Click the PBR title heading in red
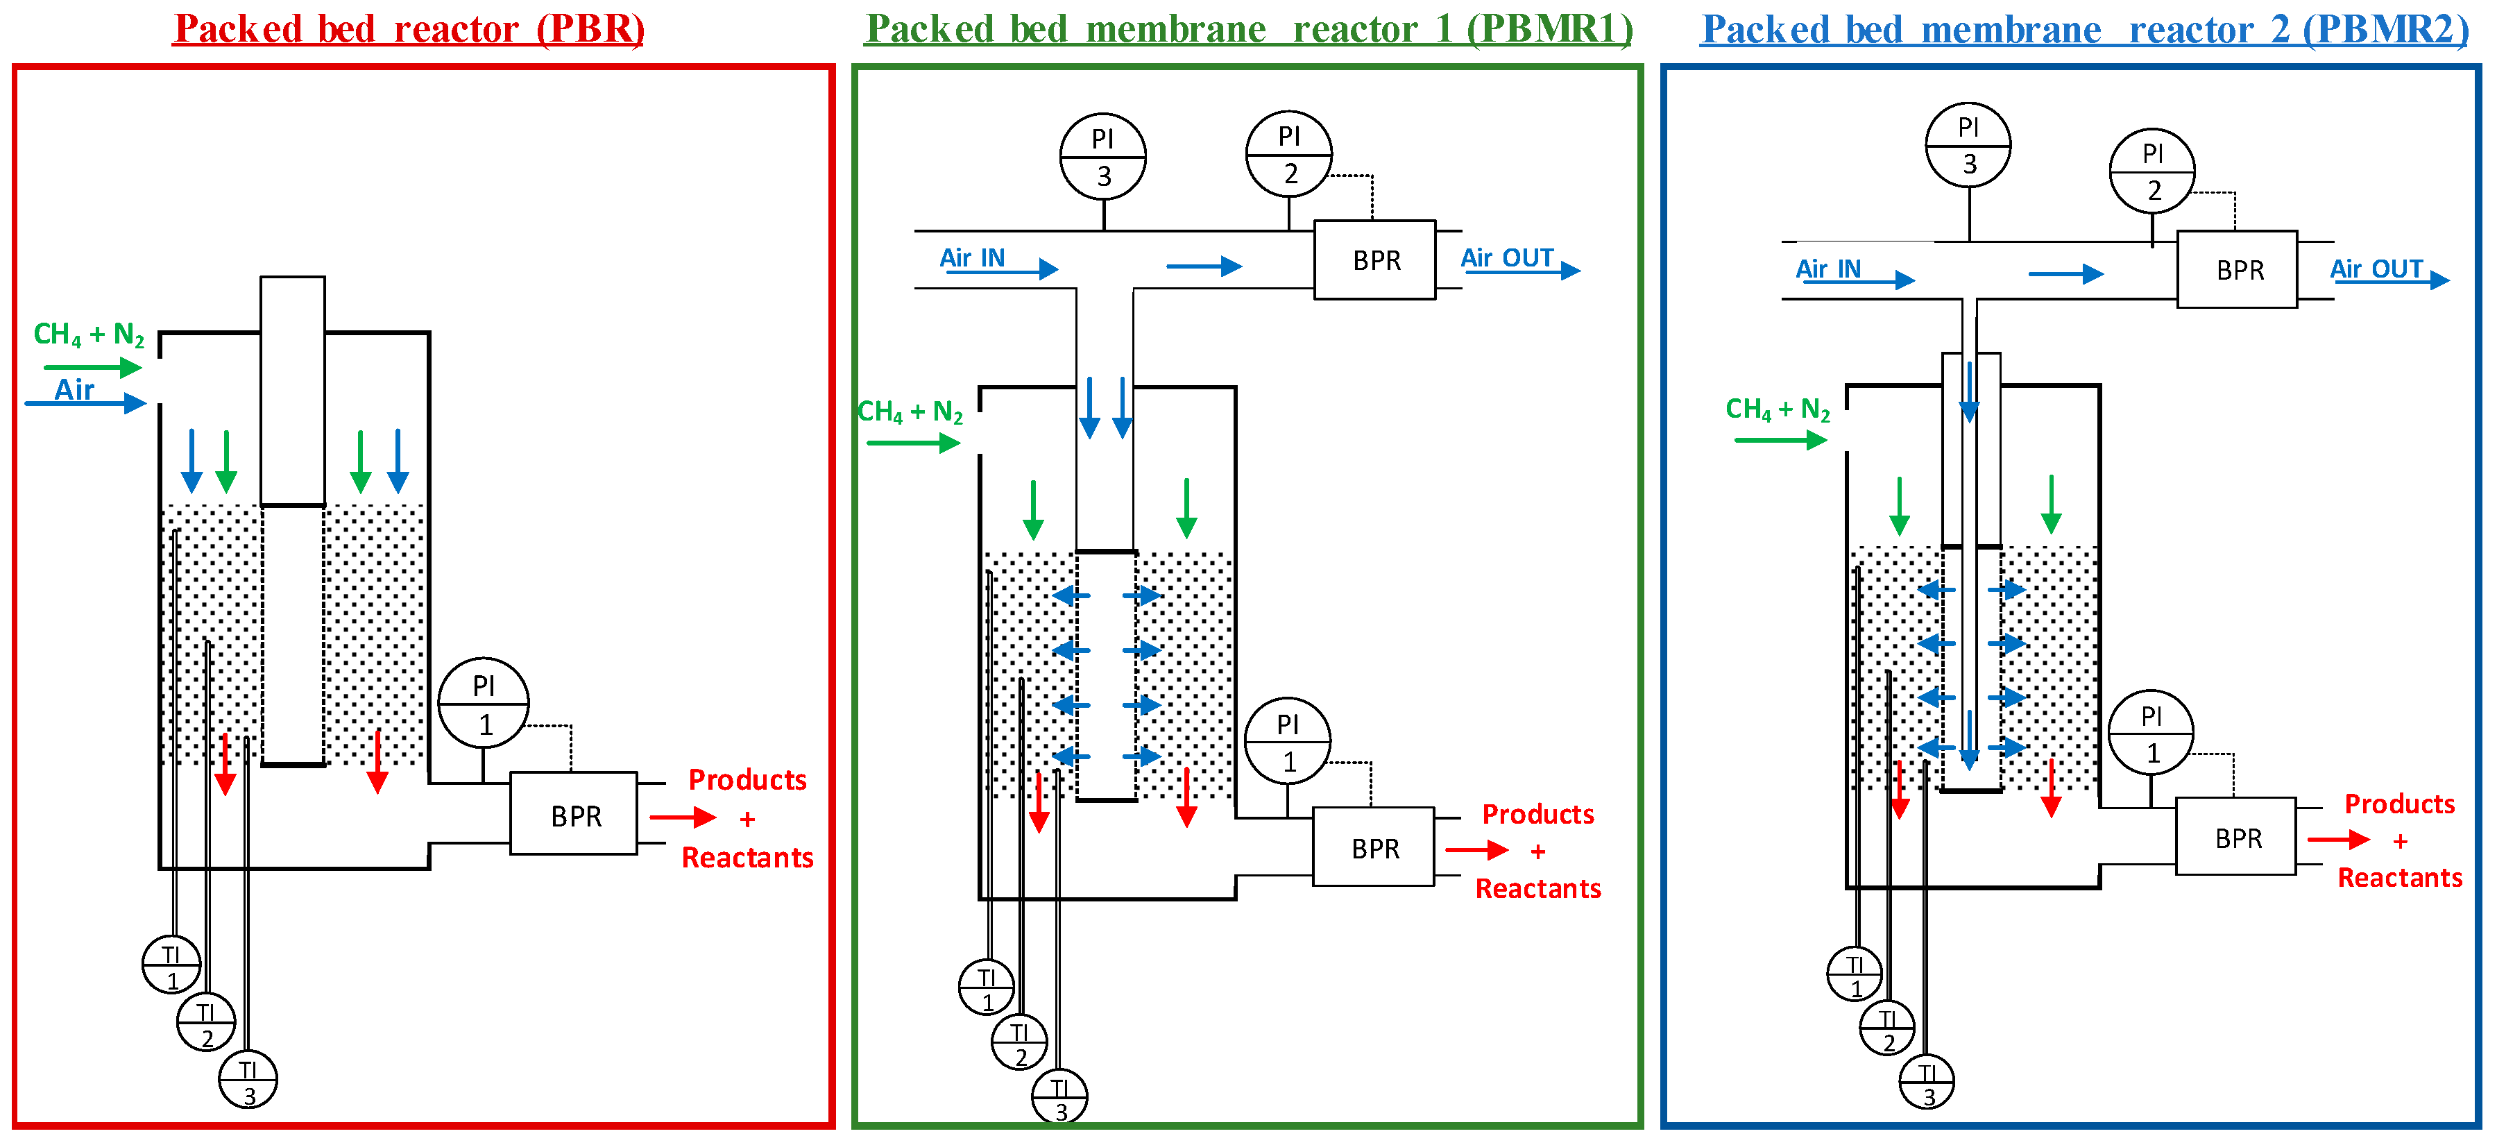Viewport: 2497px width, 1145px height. pyautogui.click(x=408, y=29)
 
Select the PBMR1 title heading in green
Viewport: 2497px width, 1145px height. pyautogui.click(x=1249, y=29)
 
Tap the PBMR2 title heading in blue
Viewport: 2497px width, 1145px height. pyautogui.click(x=2084, y=30)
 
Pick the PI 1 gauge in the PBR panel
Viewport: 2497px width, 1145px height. pyautogui.click(x=484, y=704)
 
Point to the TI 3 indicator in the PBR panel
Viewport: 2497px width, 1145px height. pyautogui.click(x=248, y=1080)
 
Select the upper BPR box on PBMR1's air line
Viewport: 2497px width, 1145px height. pyautogui.click(x=1374, y=260)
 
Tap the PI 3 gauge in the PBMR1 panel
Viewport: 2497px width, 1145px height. pyautogui.click(x=1103, y=157)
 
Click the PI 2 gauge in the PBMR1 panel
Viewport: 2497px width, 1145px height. pyautogui.click(x=1288, y=154)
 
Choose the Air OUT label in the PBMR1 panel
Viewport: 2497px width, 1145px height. pyautogui.click(x=1508, y=258)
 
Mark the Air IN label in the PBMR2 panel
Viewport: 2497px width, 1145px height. pyautogui.click(x=1828, y=269)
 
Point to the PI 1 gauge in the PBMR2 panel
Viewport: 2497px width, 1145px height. pyautogui.click(x=2151, y=733)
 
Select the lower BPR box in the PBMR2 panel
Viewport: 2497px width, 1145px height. pyautogui.click(x=2235, y=837)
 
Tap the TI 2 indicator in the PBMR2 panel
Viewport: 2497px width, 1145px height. pyautogui.click(x=1887, y=1028)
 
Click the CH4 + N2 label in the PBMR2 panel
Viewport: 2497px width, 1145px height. pyautogui.click(x=1778, y=409)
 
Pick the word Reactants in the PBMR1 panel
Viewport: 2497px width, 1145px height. pyautogui.click(x=1537, y=888)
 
